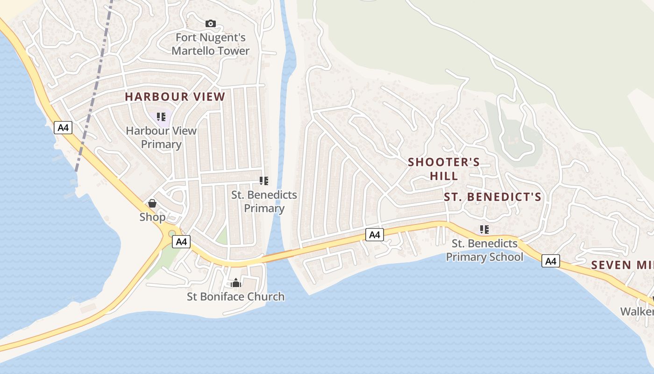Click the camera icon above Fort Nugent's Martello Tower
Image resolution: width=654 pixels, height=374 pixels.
coord(211,23)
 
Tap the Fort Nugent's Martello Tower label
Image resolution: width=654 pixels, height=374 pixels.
coord(210,44)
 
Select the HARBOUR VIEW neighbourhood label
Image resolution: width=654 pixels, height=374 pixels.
coord(175,97)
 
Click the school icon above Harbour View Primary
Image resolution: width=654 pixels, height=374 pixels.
coord(161,117)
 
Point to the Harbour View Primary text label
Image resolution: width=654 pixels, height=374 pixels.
coord(161,137)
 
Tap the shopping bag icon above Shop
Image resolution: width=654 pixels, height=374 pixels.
coord(152,203)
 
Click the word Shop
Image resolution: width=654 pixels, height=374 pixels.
coord(152,217)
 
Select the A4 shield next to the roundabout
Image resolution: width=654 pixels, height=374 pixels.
coord(181,242)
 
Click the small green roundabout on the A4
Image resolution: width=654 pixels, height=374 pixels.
coord(172,233)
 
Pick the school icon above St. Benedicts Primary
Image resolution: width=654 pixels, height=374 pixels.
coord(264,181)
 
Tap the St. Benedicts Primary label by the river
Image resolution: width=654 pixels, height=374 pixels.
coord(264,201)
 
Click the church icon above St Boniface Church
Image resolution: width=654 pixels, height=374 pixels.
coord(236,283)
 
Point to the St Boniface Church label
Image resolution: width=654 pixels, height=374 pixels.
coord(235,296)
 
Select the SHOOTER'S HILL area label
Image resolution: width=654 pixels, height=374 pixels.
coord(444,169)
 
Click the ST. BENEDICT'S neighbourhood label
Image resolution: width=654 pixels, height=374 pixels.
coord(492,197)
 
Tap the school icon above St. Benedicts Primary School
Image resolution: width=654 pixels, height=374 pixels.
coord(484,230)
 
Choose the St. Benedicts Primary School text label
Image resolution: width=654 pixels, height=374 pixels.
coord(484,250)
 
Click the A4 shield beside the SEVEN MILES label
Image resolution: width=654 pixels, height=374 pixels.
coord(551,261)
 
